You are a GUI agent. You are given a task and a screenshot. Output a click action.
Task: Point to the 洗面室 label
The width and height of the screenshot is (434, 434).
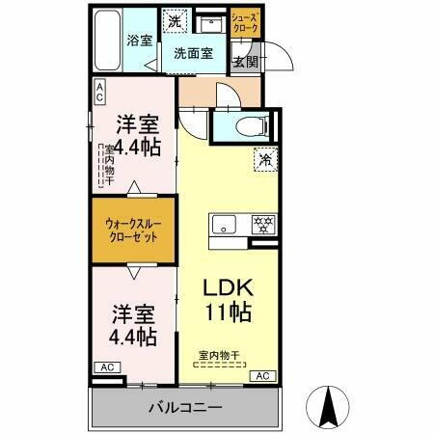[194, 55]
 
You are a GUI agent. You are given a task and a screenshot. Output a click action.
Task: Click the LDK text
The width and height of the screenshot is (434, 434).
[227, 287]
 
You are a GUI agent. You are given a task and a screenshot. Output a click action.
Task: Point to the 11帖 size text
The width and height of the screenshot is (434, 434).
[228, 312]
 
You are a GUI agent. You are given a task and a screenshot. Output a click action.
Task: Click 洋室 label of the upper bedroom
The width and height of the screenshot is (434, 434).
[137, 123]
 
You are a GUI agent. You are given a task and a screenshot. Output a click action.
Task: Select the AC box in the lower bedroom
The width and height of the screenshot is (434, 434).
[107, 367]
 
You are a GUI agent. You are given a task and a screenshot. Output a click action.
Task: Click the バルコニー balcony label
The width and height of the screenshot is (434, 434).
[185, 407]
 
